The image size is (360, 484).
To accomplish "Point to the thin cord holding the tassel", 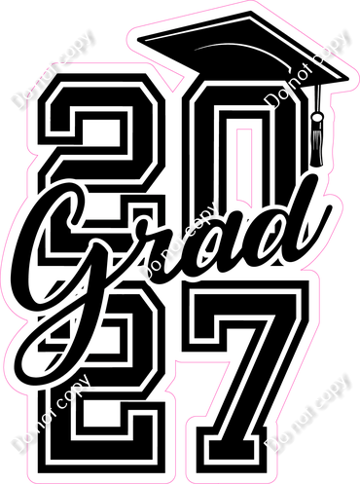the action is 318,98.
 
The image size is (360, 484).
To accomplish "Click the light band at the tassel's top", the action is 317,117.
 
